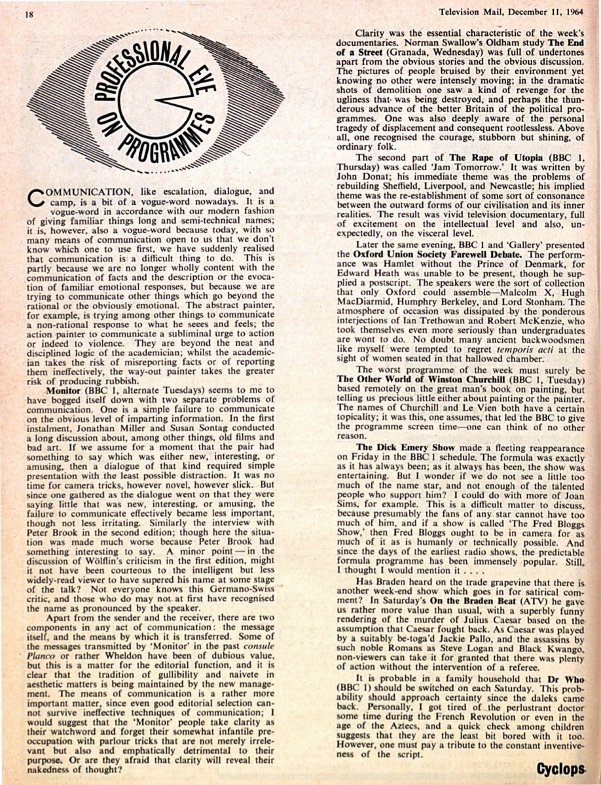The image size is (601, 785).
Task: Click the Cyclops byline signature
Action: pos(560,767)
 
